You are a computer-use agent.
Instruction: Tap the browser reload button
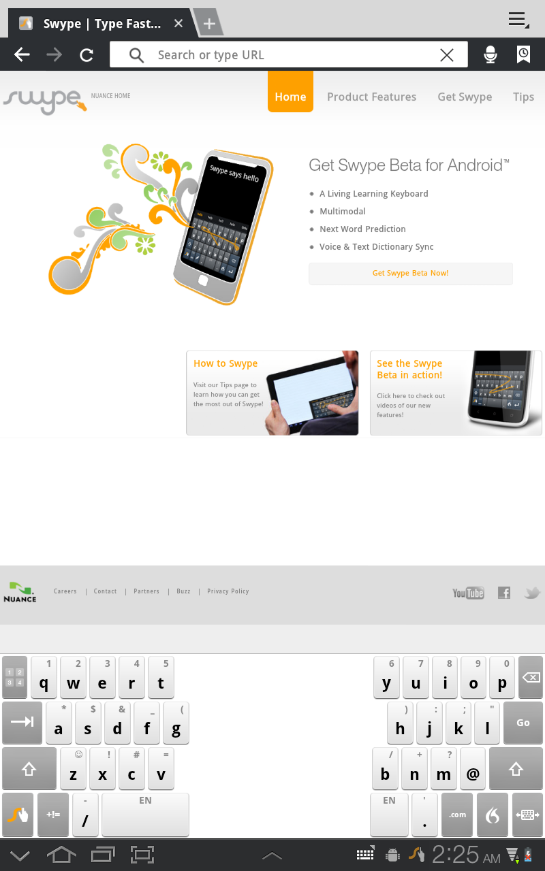87,55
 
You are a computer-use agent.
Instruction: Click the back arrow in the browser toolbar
22,55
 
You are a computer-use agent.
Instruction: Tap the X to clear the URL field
446,55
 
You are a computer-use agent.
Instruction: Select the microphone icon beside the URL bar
490,55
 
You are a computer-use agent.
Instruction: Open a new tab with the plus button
209,24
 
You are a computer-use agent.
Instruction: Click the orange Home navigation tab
290,97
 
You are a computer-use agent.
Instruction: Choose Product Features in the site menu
371,97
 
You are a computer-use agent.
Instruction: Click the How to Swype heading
225,363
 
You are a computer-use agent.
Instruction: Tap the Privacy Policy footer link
228,591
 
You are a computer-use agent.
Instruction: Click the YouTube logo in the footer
468,593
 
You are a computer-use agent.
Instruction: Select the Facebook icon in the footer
504,593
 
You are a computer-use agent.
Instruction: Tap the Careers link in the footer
65,591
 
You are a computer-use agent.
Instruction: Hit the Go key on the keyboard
523,723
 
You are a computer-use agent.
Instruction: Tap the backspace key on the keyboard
531,678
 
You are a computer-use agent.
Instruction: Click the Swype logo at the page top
44,101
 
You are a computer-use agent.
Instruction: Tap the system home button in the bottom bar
61,855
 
